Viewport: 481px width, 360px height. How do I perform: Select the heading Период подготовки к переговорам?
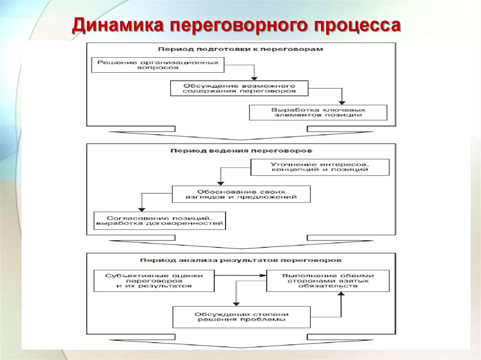240,49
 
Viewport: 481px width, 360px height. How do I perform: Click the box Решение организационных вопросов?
157,65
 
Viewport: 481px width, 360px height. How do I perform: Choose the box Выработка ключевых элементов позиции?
318,112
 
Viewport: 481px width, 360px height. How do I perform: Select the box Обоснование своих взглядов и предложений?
241,194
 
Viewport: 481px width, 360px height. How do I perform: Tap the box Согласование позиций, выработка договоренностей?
159,221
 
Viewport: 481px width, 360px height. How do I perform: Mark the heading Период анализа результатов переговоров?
240,259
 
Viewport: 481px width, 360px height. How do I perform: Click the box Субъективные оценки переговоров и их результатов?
154,280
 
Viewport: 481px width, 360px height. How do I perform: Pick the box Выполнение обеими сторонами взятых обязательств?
327,280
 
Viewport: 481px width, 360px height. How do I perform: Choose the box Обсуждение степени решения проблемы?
242,317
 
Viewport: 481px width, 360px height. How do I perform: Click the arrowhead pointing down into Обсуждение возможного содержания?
254,78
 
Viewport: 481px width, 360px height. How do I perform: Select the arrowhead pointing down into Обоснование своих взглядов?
218,183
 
